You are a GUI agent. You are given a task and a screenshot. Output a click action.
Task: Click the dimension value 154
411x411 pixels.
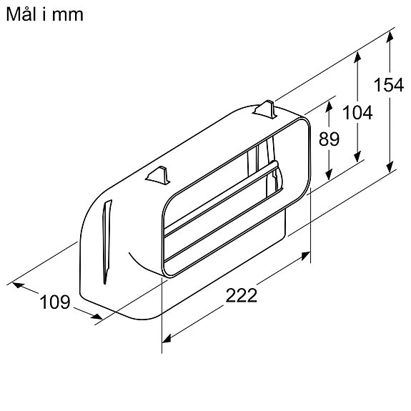tap(389, 84)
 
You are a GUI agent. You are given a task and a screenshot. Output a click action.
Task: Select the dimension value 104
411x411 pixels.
tap(357, 112)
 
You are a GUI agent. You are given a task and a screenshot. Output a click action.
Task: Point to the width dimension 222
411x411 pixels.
tap(241, 296)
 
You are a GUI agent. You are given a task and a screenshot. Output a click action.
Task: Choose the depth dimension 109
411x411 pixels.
tap(55, 302)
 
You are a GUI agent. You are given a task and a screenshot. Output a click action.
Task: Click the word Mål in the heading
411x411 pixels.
tap(26, 14)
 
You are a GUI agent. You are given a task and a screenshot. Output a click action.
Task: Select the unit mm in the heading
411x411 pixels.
tap(69, 14)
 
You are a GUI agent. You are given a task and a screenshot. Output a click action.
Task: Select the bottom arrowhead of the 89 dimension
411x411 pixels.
tap(329, 177)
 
